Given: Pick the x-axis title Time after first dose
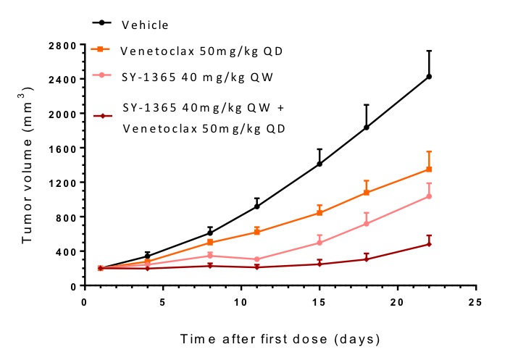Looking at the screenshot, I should [x=280, y=338].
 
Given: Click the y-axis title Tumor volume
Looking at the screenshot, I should [x=27, y=167].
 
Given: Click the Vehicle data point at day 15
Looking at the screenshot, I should [x=319, y=164].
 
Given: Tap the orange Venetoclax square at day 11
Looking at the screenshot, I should [x=256, y=232].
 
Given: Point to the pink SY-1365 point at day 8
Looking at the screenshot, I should [x=209, y=255].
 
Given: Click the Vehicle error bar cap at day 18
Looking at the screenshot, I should [x=367, y=105].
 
